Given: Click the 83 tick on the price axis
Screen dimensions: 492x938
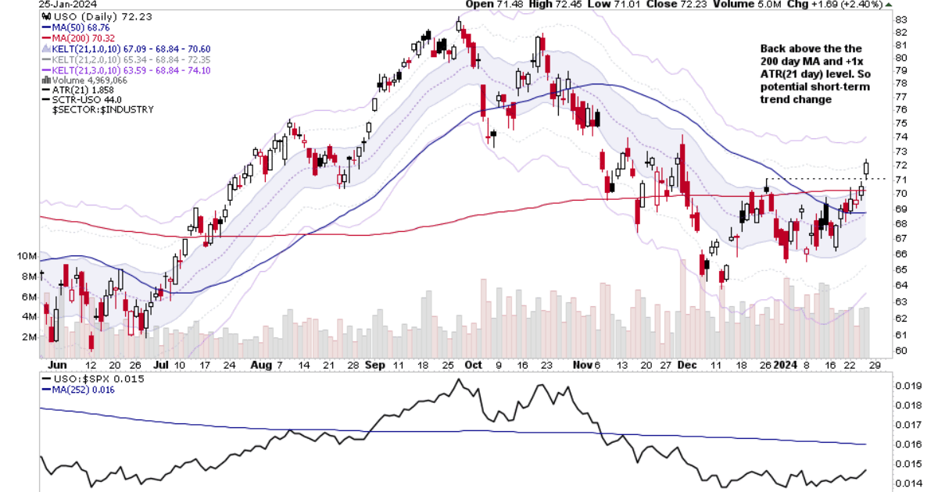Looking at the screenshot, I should (x=900, y=20).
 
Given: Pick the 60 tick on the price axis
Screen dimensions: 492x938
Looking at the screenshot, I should (x=900, y=351).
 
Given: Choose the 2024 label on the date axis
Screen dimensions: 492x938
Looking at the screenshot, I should (x=785, y=365).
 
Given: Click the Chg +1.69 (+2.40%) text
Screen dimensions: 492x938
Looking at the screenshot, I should (x=845, y=4).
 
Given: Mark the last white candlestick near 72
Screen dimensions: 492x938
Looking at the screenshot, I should (x=866, y=167).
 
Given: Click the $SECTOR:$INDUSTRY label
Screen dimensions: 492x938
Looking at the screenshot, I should (x=102, y=110).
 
